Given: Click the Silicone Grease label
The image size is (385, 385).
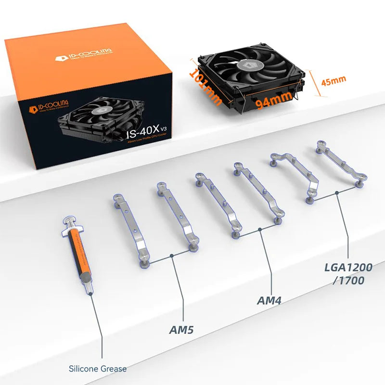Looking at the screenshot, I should click(98, 369).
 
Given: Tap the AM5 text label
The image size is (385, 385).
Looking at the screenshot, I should click(185, 330).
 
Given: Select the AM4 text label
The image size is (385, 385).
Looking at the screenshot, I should click(269, 301).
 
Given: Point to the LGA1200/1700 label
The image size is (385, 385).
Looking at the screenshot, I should click(349, 273).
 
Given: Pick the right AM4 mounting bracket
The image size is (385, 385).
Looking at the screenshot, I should click(257, 192).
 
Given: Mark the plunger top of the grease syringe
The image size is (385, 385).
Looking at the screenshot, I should click(67, 222).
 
